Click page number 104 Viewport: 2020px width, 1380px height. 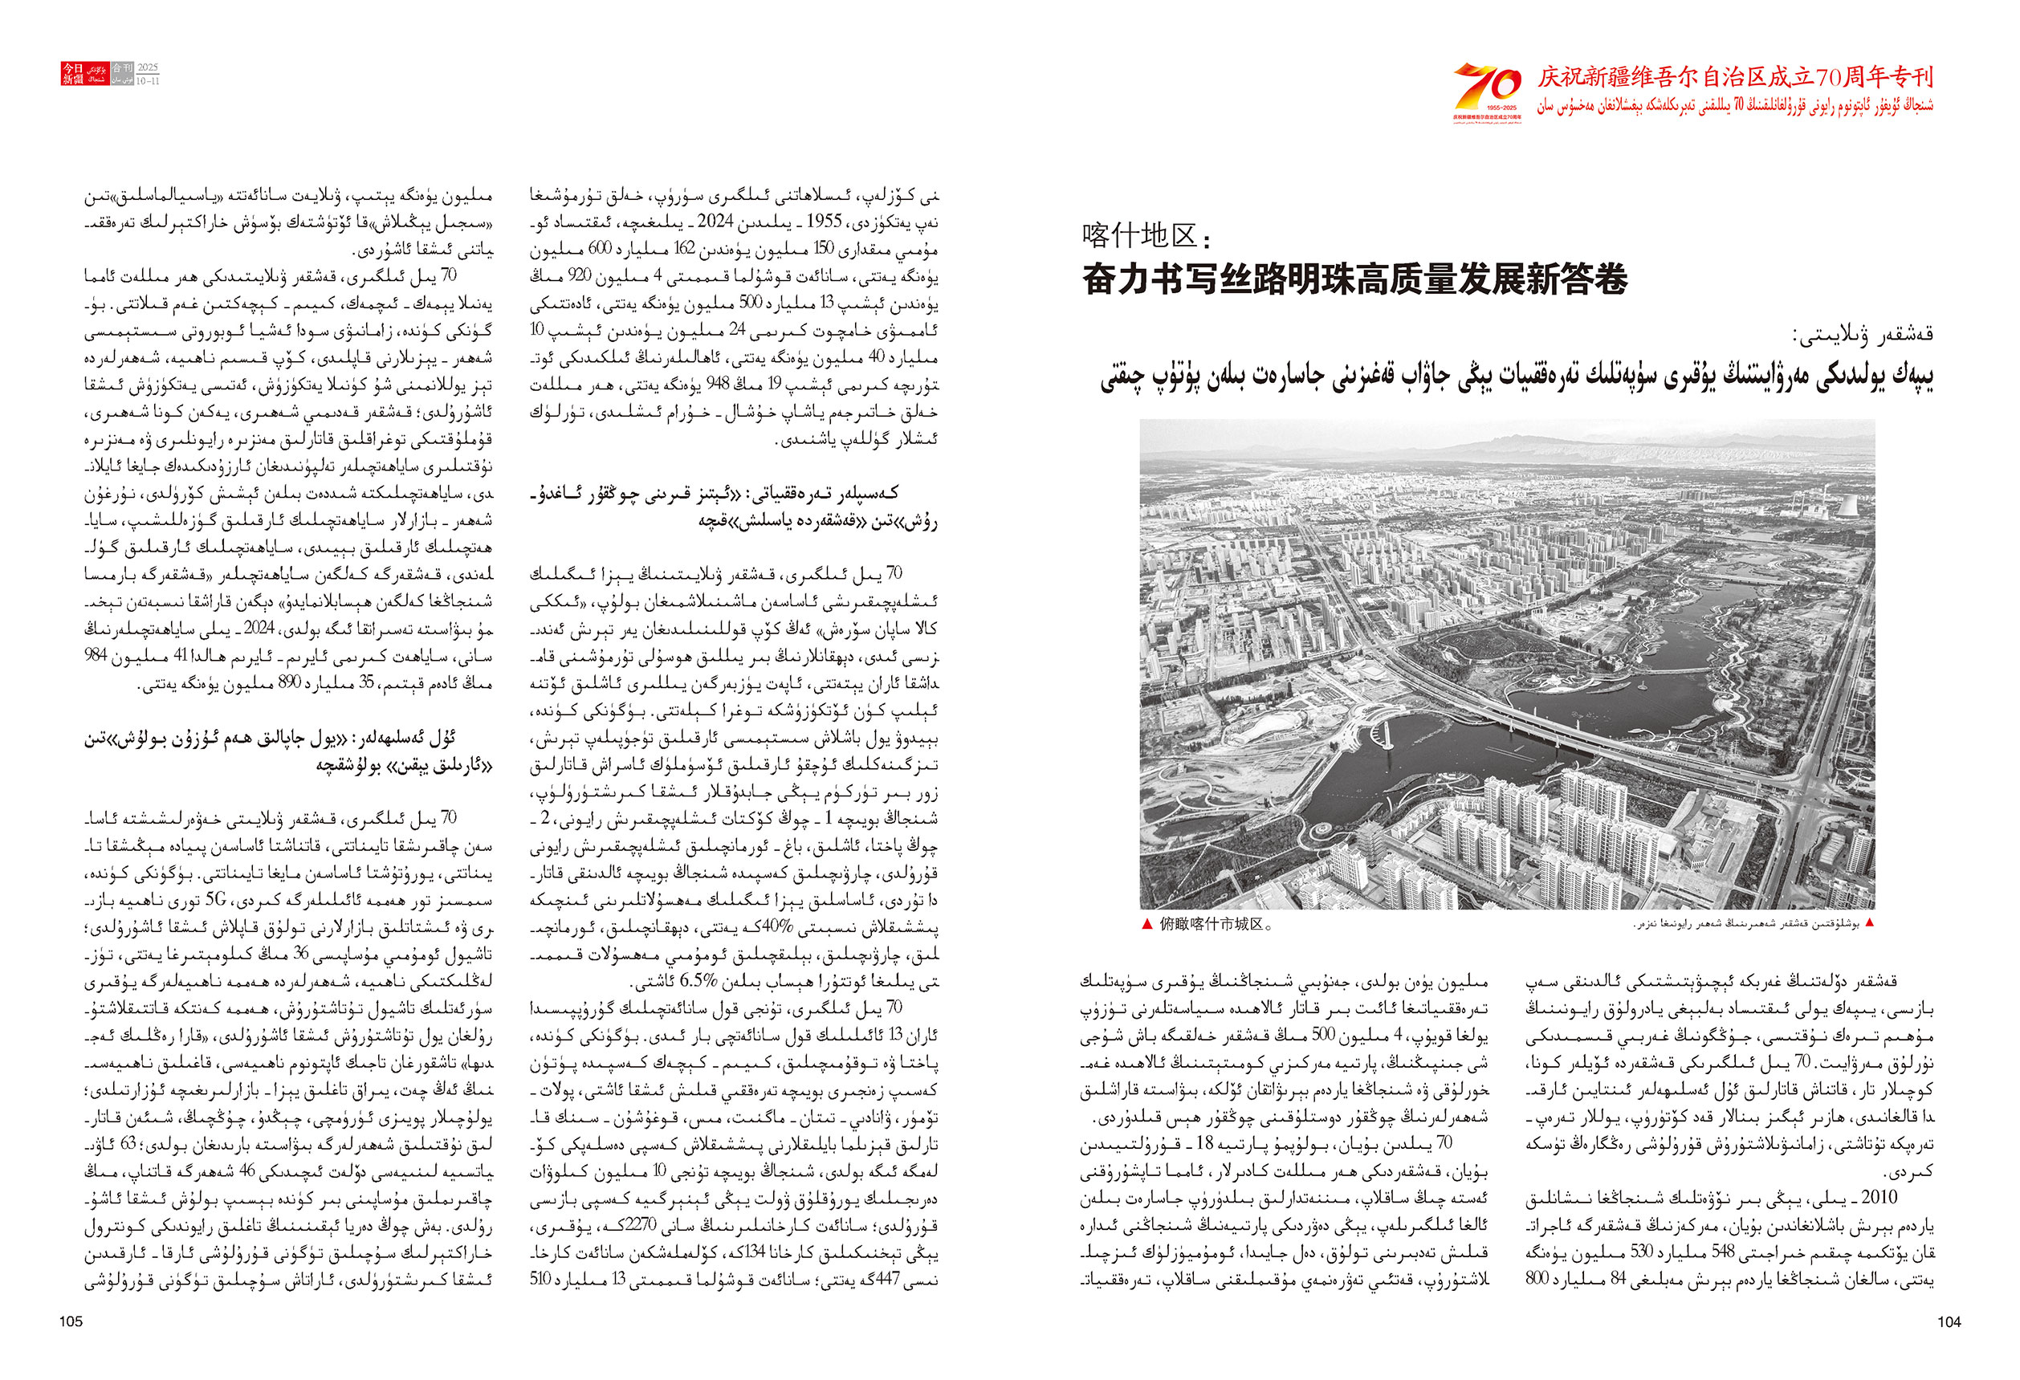click(x=1949, y=1321)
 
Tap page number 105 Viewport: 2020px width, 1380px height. click(x=71, y=1321)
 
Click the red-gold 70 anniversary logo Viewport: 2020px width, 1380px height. click(x=1487, y=87)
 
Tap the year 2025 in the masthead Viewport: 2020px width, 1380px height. click(x=149, y=67)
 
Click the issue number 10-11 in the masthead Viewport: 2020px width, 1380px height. click(x=149, y=81)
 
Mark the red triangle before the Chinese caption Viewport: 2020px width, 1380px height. click(x=1147, y=924)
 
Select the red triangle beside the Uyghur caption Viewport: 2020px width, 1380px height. click(x=1870, y=923)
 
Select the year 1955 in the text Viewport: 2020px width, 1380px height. click(x=824, y=222)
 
